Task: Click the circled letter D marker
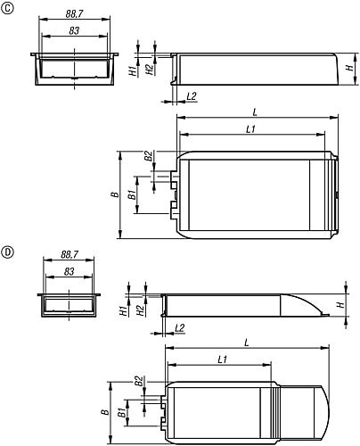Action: pos(8,252)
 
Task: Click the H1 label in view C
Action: pos(131,68)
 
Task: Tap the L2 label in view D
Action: pos(180,328)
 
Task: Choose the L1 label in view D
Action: pos(222,359)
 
